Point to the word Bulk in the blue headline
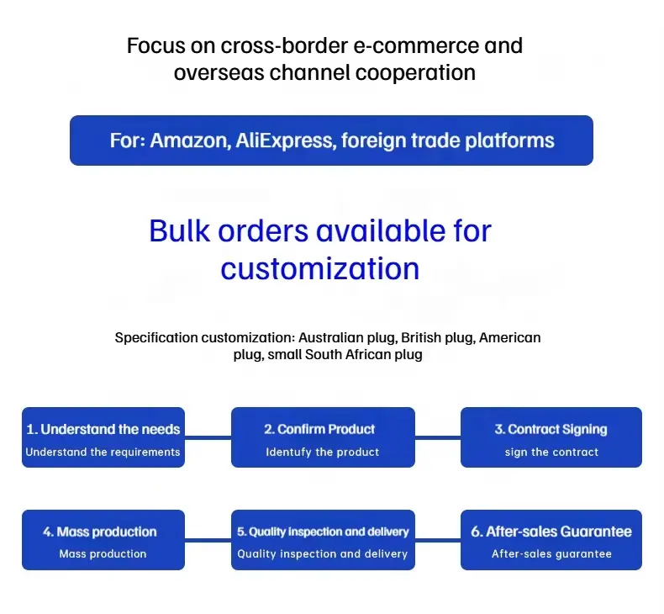179,231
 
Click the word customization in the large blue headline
319,268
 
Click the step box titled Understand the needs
103,437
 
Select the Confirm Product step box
323,437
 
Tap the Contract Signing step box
551,437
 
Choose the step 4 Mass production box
103,540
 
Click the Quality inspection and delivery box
323,540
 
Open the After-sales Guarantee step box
551,540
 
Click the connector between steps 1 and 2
208,437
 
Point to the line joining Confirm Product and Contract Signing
438,437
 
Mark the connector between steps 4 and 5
208,540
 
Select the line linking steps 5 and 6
438,540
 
